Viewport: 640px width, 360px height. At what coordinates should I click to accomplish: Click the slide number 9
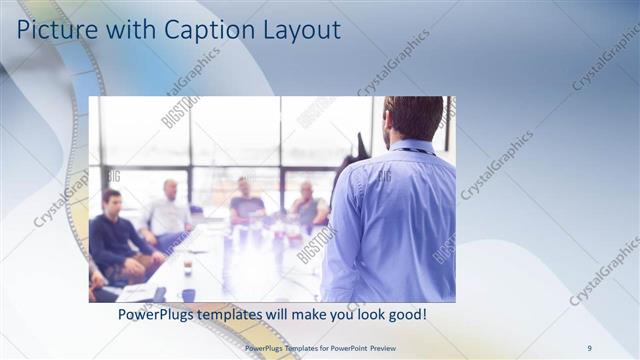click(x=590, y=347)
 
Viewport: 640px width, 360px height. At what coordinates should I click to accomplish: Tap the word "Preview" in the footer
click(x=387, y=347)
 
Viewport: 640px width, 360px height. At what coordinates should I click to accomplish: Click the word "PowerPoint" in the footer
click(x=349, y=347)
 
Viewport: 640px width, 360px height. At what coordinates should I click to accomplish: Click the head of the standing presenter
click(x=411, y=117)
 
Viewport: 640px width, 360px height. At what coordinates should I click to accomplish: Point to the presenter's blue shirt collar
click(x=413, y=147)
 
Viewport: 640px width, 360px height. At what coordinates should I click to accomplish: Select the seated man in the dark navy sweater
click(x=112, y=235)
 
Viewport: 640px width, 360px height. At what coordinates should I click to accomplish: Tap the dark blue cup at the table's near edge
click(x=188, y=295)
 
